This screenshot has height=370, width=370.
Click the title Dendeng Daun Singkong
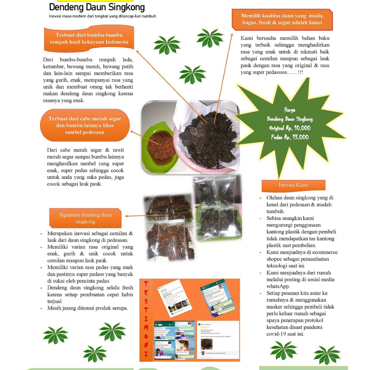[97, 7]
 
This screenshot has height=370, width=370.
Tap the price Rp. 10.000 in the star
[297, 128]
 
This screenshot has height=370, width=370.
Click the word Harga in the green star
[290, 110]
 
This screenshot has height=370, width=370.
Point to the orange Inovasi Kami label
[293, 185]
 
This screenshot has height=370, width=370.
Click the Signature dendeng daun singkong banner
[85, 218]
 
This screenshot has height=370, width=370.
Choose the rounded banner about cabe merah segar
[85, 125]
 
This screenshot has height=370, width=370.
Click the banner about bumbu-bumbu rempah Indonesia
[89, 39]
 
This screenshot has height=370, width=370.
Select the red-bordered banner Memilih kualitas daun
[282, 20]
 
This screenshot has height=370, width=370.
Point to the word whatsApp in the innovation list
[278, 286]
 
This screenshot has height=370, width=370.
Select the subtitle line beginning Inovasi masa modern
[103, 16]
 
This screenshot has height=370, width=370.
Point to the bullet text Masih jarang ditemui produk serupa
[87, 308]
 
